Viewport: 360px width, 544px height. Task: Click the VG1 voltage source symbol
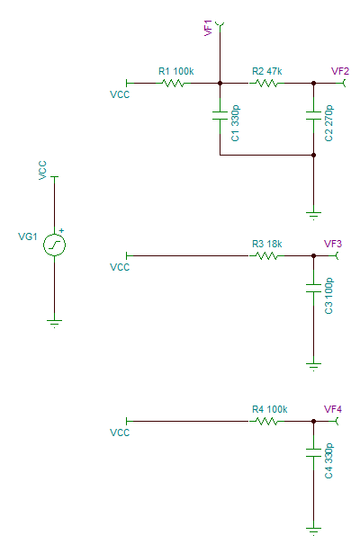[x=54, y=245]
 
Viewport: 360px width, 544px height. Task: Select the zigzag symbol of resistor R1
[x=173, y=83]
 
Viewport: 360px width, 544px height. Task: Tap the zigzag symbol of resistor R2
[x=266, y=83]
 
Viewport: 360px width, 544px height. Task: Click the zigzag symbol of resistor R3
[x=266, y=255]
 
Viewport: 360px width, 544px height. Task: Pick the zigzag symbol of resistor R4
[x=266, y=421]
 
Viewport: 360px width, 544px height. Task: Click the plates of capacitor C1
[x=220, y=115]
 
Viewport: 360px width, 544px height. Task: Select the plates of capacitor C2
[x=313, y=115]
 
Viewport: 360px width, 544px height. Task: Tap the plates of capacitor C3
[x=313, y=288]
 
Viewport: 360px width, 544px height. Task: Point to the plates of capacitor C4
[x=313, y=453]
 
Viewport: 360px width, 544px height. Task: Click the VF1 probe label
[x=208, y=28]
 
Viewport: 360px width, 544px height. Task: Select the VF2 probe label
[x=340, y=71]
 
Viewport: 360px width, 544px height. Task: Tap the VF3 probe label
[x=333, y=244]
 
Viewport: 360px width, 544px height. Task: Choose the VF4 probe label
[x=333, y=409]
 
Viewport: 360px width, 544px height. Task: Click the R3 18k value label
[x=267, y=244]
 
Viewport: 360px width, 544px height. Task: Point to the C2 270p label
[x=328, y=123]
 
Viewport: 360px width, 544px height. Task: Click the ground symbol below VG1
[x=54, y=324]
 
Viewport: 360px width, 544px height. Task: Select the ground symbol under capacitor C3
[x=313, y=367]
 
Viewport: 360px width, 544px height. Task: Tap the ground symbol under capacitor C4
[x=313, y=531]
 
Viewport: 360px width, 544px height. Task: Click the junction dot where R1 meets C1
[x=220, y=83]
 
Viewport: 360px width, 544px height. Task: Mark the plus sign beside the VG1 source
[x=61, y=230]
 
